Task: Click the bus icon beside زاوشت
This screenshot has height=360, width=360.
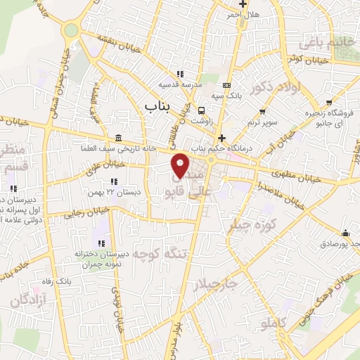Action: (202, 110)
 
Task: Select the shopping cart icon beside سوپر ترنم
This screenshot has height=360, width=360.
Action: (263, 111)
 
